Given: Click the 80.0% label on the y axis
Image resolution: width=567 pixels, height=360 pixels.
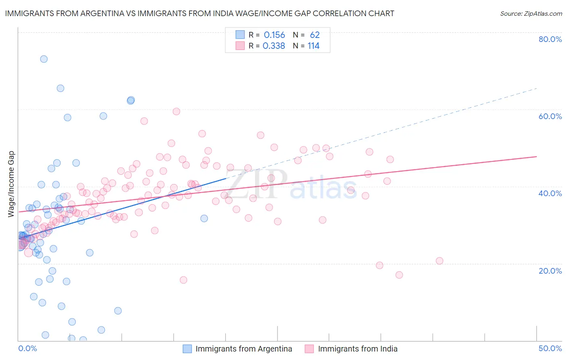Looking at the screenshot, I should [x=550, y=39].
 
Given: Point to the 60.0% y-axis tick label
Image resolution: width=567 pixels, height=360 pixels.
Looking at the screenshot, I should [x=550, y=116].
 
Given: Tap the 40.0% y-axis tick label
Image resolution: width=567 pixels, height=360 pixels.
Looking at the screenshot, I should [x=550, y=193].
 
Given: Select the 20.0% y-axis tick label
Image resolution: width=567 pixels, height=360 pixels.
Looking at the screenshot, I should [x=550, y=271].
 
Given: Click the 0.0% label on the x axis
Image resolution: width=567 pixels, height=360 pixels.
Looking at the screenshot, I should [x=27, y=348].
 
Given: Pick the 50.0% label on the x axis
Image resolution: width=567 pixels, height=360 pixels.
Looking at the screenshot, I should [x=550, y=348].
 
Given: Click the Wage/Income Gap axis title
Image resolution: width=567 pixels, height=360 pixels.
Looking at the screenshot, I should [x=11, y=184].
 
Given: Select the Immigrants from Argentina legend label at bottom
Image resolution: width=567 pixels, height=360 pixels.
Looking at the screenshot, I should [x=244, y=349].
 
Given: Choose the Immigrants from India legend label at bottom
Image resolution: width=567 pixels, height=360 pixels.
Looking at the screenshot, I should [x=358, y=349].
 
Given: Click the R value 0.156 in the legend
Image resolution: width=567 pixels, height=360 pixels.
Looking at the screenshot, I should [x=274, y=35].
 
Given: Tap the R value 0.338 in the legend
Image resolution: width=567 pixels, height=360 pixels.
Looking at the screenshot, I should [x=274, y=46].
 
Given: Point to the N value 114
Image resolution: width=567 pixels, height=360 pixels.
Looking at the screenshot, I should [x=313, y=46].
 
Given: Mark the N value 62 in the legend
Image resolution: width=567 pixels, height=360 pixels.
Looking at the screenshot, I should [x=315, y=35].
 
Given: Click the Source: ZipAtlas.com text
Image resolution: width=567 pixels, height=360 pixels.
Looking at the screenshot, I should [x=531, y=14].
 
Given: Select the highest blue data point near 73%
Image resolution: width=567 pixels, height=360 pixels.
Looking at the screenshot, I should [x=44, y=59].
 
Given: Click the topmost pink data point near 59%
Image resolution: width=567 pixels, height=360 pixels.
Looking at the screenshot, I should [x=176, y=111].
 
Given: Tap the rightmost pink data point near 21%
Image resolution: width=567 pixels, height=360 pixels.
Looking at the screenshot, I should [x=440, y=261].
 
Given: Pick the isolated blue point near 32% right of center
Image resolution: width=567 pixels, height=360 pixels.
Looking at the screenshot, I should [x=204, y=218].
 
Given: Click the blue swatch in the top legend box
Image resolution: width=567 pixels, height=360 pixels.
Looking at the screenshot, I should [x=240, y=35].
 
